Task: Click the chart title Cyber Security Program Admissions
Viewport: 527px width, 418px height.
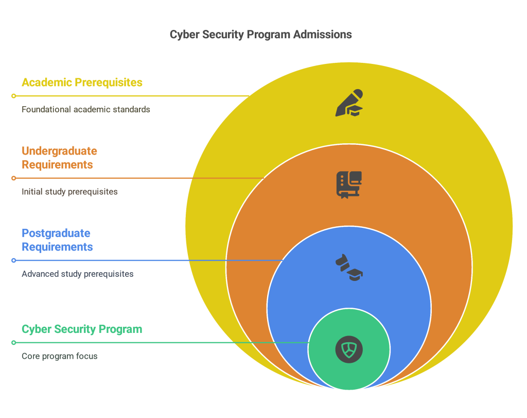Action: pyautogui.click(x=260, y=35)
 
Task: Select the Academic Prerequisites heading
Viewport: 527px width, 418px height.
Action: pyautogui.click(x=82, y=82)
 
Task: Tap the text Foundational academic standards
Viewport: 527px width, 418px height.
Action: pyautogui.click(x=86, y=109)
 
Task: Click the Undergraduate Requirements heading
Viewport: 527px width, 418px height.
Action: pyautogui.click(x=60, y=158)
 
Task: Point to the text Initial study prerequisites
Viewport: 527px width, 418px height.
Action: pyautogui.click(x=69, y=192)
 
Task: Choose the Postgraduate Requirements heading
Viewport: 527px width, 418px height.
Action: pyautogui.click(x=57, y=240)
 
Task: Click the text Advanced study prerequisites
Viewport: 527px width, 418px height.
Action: pyautogui.click(x=78, y=274)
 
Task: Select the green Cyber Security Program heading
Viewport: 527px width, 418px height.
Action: pyautogui.click(x=82, y=329)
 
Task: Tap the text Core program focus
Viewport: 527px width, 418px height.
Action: pyautogui.click(x=60, y=356)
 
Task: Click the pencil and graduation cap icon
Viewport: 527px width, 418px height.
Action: pyautogui.click(x=349, y=103)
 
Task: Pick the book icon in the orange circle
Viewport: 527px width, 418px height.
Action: pyautogui.click(x=349, y=185)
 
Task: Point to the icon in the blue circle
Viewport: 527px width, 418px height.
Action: pyautogui.click(x=349, y=267)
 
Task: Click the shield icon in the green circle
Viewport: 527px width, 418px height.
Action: pyautogui.click(x=349, y=349)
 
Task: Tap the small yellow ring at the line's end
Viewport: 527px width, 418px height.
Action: pyautogui.click(x=14, y=96)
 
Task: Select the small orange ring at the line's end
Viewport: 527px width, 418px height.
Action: pyautogui.click(x=14, y=178)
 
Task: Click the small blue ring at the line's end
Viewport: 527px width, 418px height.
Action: pyautogui.click(x=14, y=260)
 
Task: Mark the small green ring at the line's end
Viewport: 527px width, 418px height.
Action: pyautogui.click(x=14, y=343)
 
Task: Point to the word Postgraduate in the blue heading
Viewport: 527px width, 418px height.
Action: pyautogui.click(x=56, y=233)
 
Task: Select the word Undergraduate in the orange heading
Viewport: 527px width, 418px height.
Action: pyautogui.click(x=60, y=151)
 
